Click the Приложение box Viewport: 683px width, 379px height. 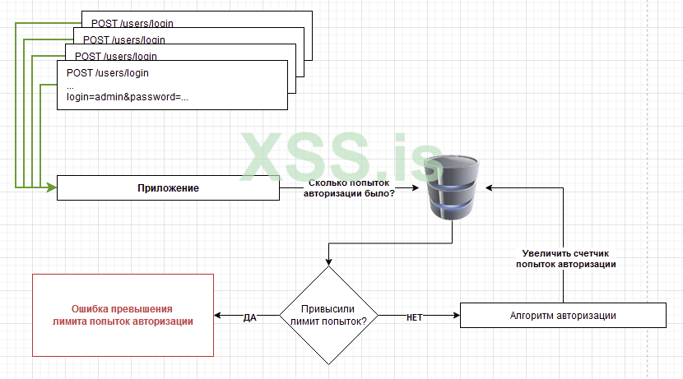tap(168, 189)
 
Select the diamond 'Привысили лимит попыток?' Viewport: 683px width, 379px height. tap(328, 316)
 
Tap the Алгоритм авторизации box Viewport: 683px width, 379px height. tap(563, 316)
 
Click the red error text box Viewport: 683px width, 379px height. tap(122, 316)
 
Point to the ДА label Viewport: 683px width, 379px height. tap(250, 317)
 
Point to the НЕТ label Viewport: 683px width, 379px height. tap(415, 317)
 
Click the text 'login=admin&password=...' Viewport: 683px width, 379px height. tap(128, 97)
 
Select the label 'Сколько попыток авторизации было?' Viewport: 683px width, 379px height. tap(351, 189)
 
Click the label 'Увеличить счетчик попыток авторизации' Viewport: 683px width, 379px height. tap(566, 259)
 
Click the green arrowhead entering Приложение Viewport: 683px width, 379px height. tap(51, 188)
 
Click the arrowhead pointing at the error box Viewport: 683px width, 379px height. tap(218, 316)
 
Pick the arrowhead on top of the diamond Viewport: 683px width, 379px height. tap(328, 261)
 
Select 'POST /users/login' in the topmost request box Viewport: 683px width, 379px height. tap(128, 24)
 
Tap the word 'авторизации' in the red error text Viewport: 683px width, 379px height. tap(165, 321)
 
